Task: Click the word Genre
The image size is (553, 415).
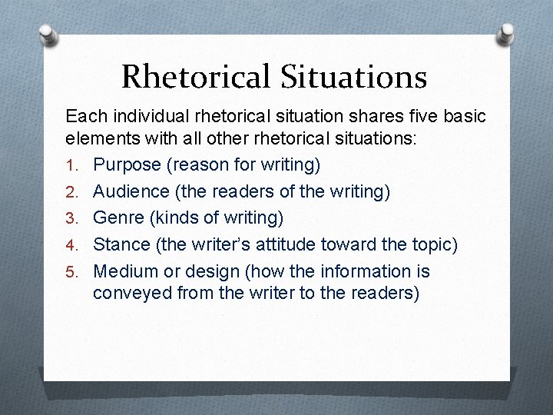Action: pyautogui.click(x=119, y=218)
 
